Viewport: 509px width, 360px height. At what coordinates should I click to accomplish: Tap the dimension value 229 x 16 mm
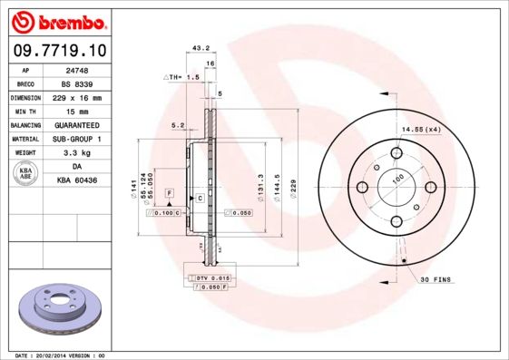coord(75,97)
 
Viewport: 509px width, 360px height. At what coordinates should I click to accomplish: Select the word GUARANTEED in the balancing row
coord(75,124)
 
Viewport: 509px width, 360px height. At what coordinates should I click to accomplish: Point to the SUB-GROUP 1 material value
coord(75,139)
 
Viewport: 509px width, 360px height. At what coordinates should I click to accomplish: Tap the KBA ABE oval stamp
coord(26,174)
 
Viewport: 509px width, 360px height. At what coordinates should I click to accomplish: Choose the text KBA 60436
coord(75,181)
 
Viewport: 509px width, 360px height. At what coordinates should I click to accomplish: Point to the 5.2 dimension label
coord(178,126)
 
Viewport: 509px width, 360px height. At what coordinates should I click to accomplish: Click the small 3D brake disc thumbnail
coord(57,309)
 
